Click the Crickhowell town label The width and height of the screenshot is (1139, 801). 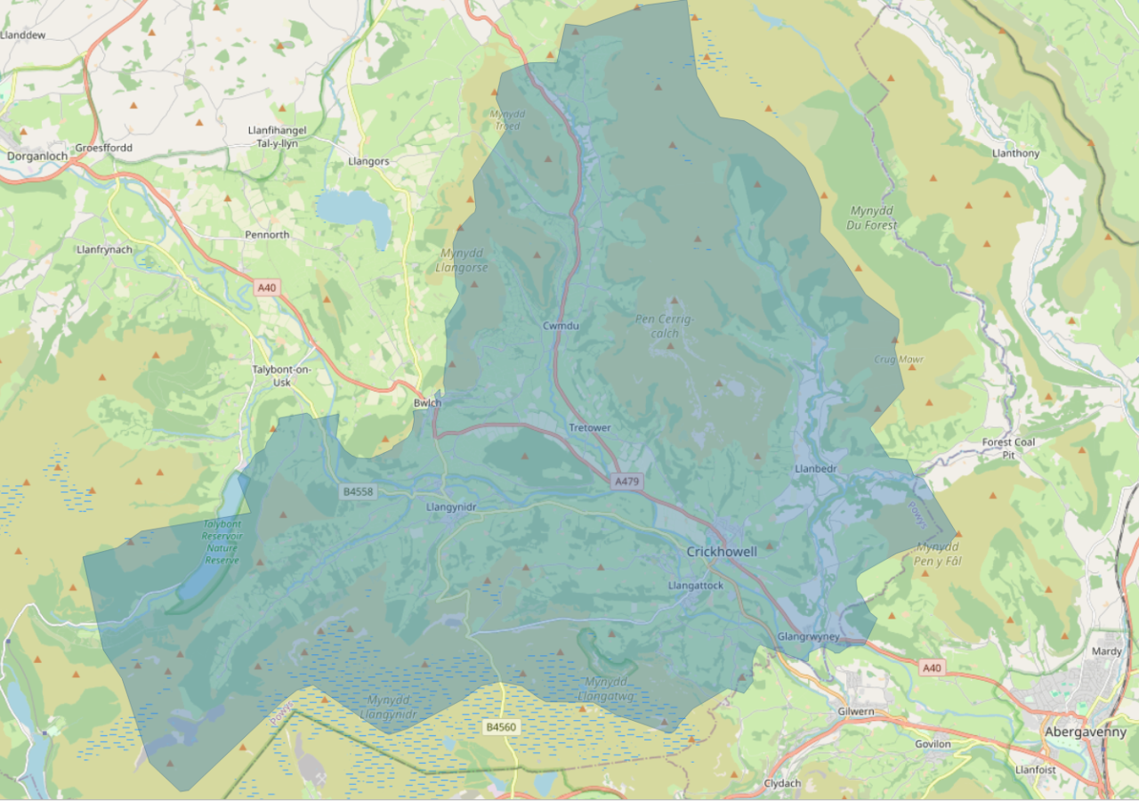pos(722,552)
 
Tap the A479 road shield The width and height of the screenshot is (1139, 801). pos(626,481)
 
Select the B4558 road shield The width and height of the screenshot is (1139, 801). pos(358,491)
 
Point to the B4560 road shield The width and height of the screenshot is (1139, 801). pos(500,727)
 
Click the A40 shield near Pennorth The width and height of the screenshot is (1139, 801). pos(267,287)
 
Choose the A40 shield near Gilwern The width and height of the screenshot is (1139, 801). pos(932,667)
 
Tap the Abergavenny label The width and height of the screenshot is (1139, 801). pos(1086,732)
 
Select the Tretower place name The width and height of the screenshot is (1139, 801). pos(590,428)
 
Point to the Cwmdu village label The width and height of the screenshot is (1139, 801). pos(561,326)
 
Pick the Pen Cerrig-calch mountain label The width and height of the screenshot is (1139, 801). pos(664,326)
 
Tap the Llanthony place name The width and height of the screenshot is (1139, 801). pos(1015,153)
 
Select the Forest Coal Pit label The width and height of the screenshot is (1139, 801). pos(1008,448)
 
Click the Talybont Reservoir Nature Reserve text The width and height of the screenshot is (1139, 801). pos(222,542)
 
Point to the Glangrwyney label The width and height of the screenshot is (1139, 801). pos(808,637)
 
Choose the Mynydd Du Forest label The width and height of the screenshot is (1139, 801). pos(873,218)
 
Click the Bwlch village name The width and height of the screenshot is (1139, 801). pos(427,403)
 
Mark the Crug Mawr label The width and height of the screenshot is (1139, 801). pos(898,360)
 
